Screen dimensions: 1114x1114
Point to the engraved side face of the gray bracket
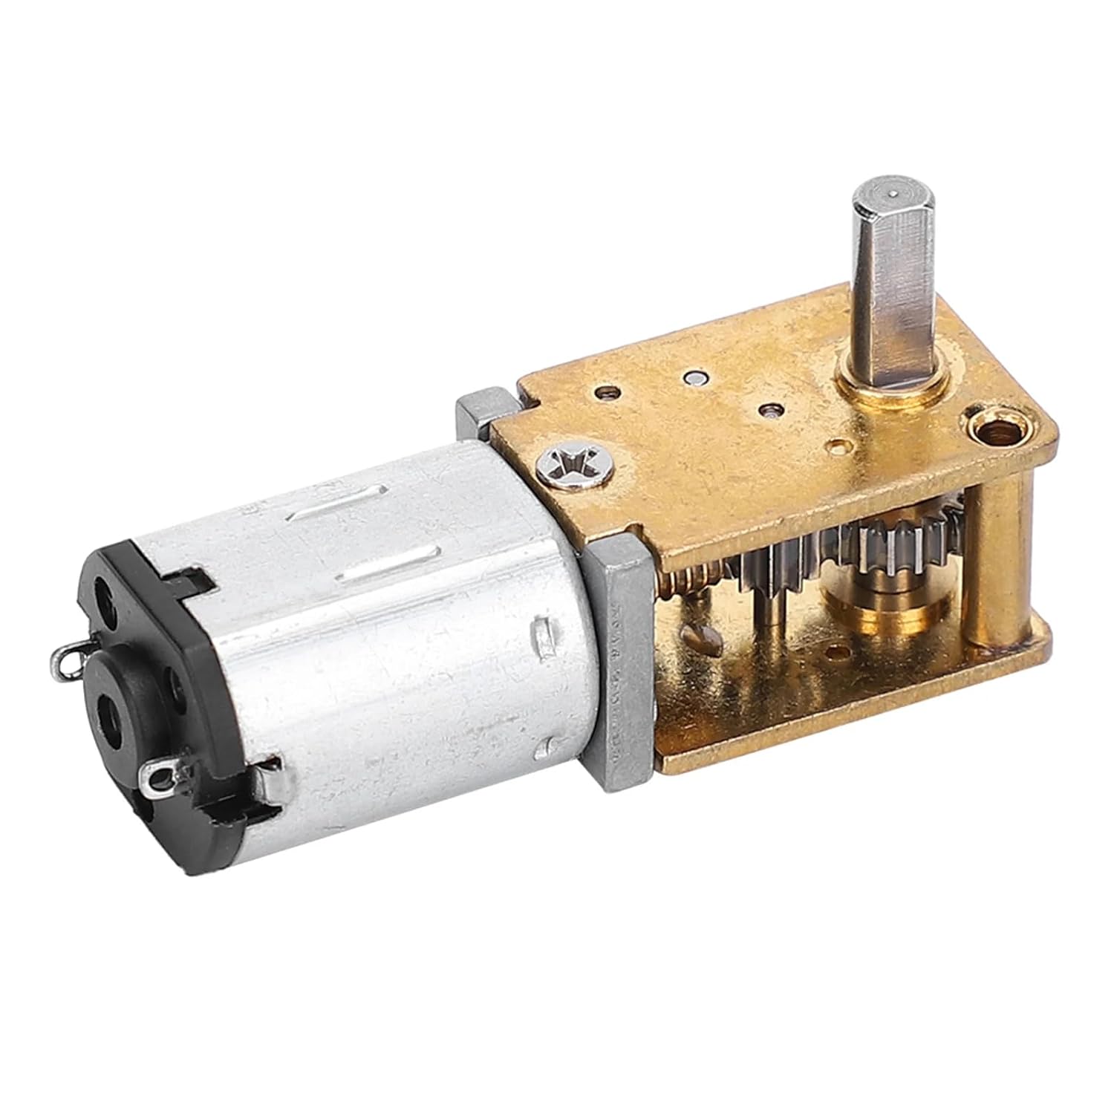616,646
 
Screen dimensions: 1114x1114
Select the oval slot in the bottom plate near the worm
702,635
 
